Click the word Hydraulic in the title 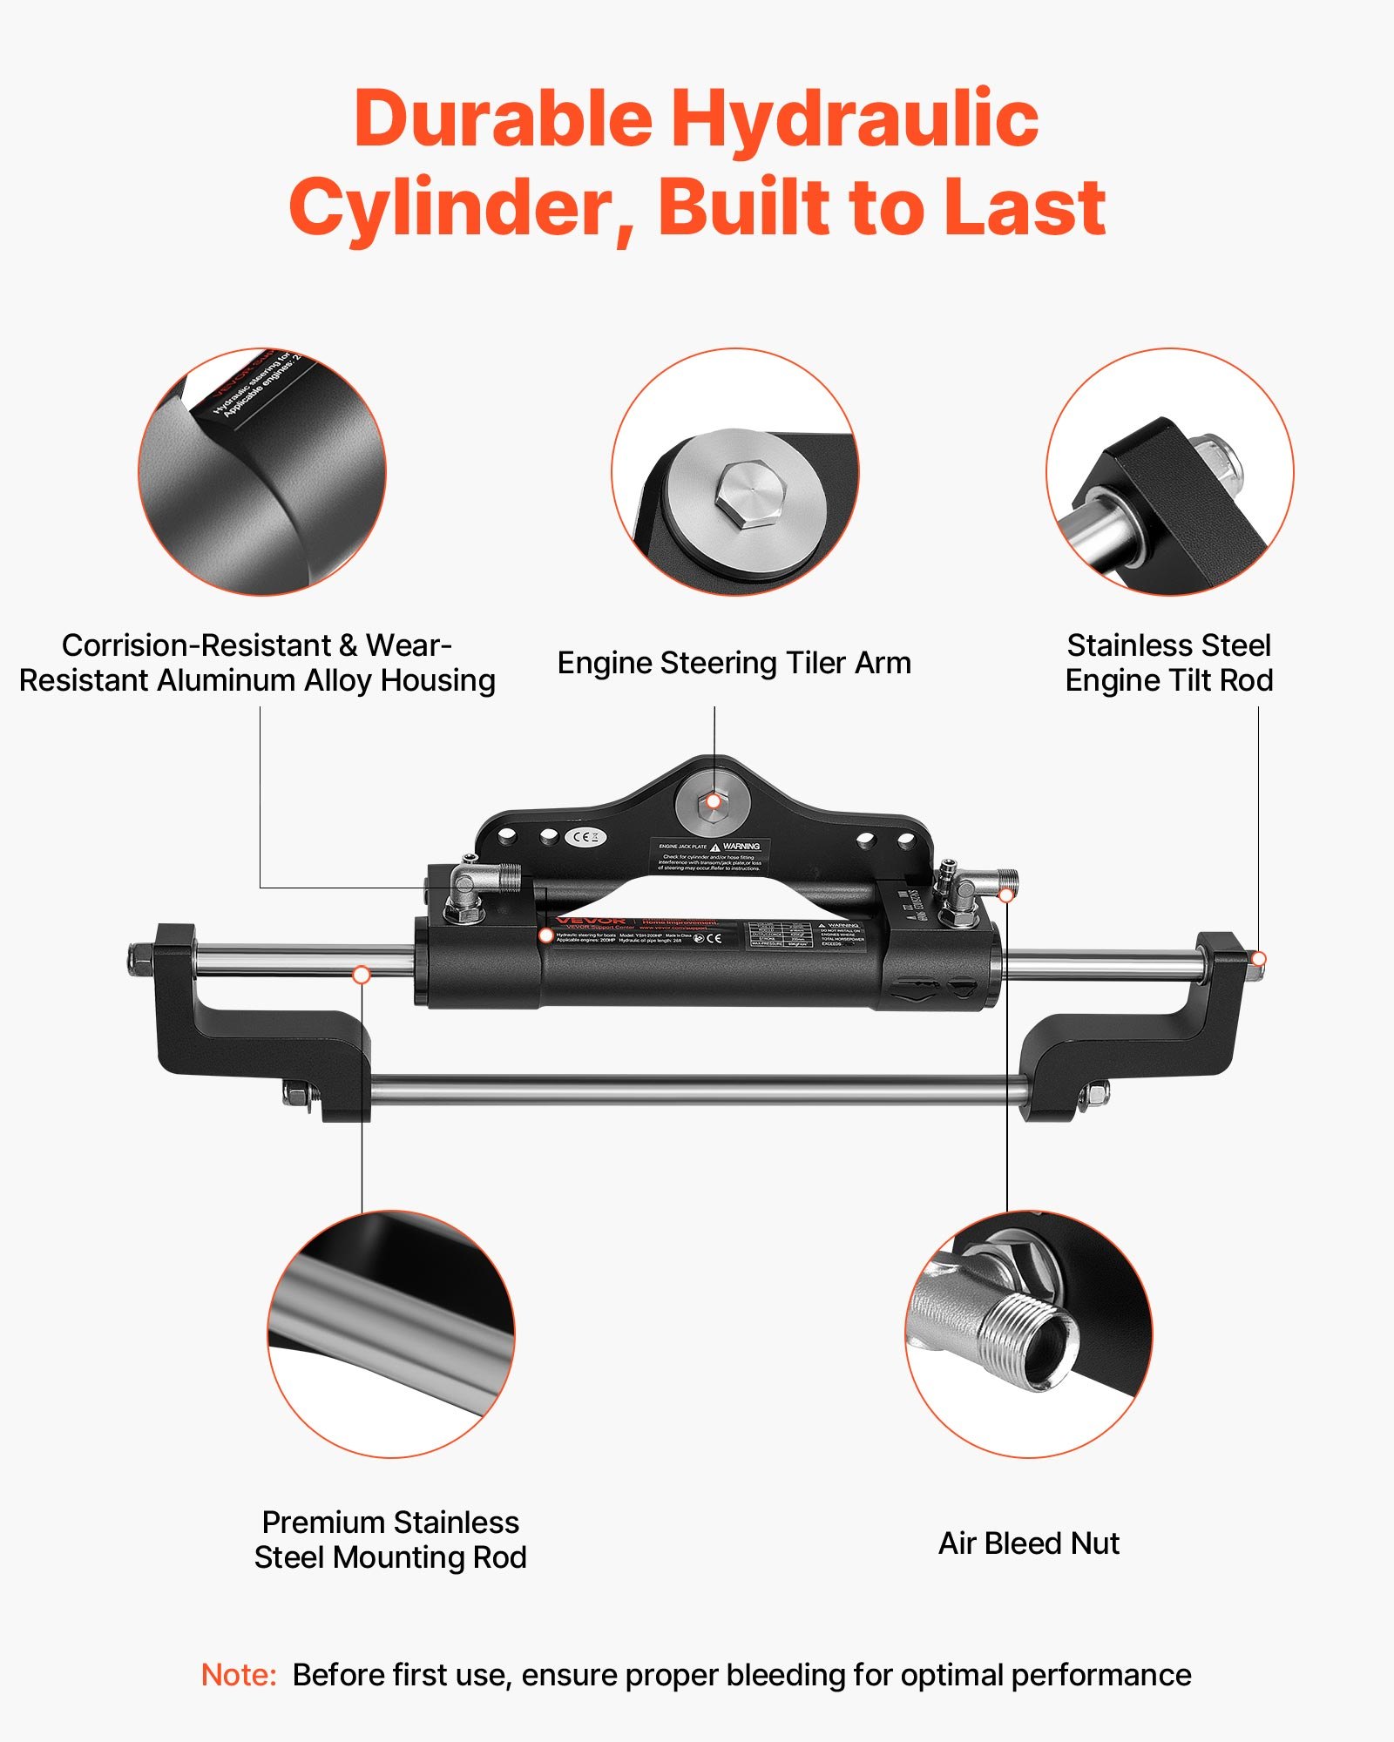(855, 120)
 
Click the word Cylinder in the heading (451, 207)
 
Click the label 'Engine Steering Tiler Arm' (734, 663)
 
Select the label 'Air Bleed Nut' (1028, 1543)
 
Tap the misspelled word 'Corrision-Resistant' (197, 645)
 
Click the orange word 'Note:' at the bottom (238, 1675)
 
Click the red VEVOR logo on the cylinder (590, 921)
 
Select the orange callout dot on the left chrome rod (361, 975)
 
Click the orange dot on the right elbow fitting (1006, 895)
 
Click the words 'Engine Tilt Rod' (1168, 680)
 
